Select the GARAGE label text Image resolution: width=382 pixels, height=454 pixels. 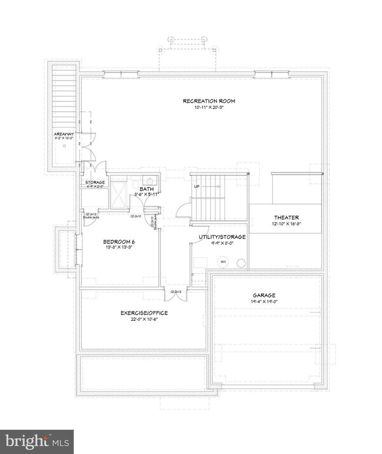click(265, 296)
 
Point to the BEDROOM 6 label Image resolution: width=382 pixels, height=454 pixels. click(120, 241)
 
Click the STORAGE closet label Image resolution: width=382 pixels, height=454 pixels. click(95, 183)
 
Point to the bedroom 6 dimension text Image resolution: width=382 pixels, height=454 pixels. click(120, 248)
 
